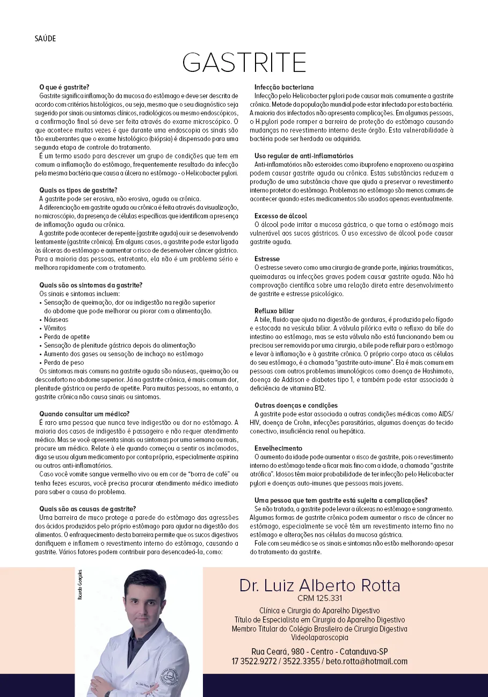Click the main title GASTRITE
point(244,63)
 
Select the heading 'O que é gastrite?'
point(64,87)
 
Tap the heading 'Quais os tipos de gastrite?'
point(78,190)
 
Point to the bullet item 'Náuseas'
point(56,320)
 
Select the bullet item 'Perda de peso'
point(63,363)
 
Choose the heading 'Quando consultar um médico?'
point(84,414)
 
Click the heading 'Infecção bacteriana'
point(284,87)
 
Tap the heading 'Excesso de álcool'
point(281,216)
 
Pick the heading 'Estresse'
point(267,259)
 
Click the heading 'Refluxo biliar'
point(274,311)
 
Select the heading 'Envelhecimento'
point(278,448)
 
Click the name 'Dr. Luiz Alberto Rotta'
point(319,585)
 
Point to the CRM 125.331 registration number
point(319,598)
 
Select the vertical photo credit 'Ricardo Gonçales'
point(81,584)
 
